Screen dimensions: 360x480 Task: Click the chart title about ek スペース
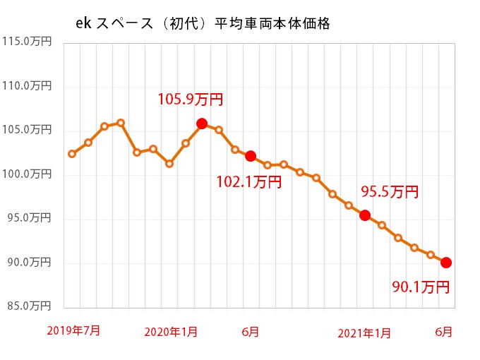pos(203,23)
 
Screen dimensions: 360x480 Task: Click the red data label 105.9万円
pos(190,99)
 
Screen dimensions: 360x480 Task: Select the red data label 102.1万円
pos(249,182)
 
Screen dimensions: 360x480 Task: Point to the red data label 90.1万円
pos(421,287)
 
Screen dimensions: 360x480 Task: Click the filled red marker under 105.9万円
pos(202,124)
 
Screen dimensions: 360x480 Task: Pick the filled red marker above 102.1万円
pos(251,156)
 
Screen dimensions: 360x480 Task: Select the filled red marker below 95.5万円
pos(365,215)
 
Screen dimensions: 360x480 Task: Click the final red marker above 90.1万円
pos(446,263)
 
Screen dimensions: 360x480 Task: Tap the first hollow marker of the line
pos(72,153)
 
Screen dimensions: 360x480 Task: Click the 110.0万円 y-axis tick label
pos(26,86)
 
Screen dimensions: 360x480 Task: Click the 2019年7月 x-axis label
pos(73,330)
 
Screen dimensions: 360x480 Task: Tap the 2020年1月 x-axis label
pos(170,332)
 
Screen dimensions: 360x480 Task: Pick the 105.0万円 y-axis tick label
pos(26,130)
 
